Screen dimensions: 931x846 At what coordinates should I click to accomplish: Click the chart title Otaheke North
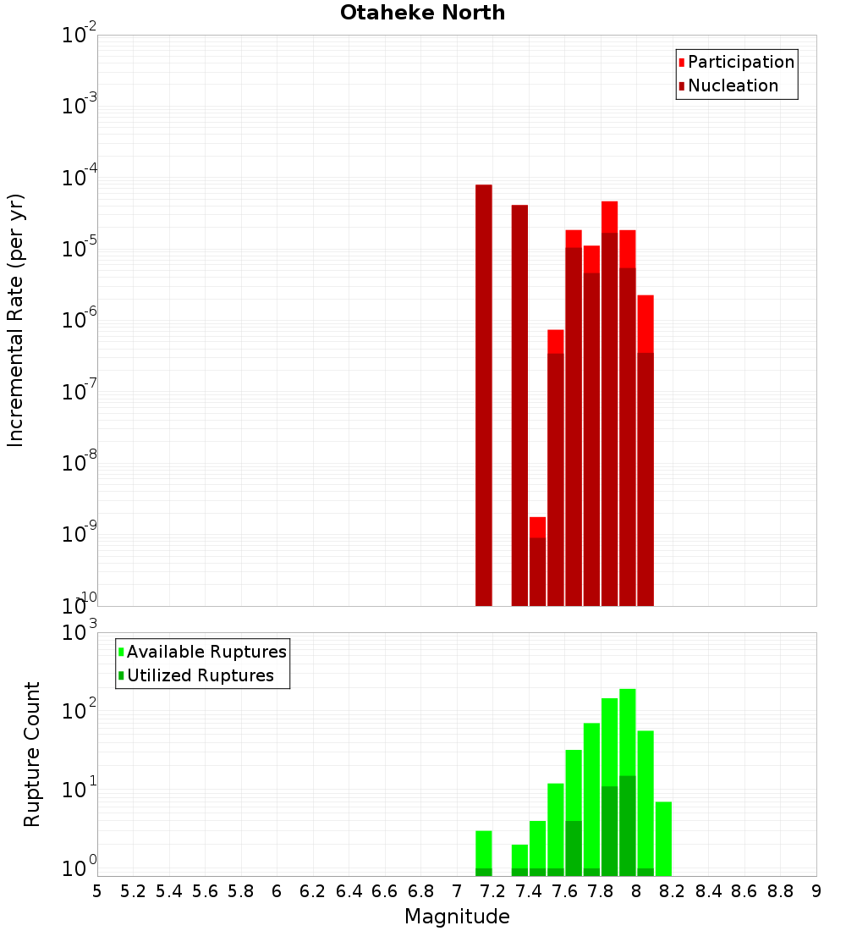[422, 13]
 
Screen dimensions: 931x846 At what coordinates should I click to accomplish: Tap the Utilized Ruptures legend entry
[199, 676]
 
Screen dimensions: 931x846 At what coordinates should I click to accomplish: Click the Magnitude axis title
[457, 917]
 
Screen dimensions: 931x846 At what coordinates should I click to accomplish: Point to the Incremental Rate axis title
[16, 320]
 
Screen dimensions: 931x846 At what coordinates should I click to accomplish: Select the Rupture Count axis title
[32, 753]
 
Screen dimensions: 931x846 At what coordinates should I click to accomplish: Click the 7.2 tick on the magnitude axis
[493, 891]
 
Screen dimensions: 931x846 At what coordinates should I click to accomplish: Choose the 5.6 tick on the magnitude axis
[205, 891]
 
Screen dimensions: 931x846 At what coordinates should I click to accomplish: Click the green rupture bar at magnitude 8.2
[663, 838]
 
